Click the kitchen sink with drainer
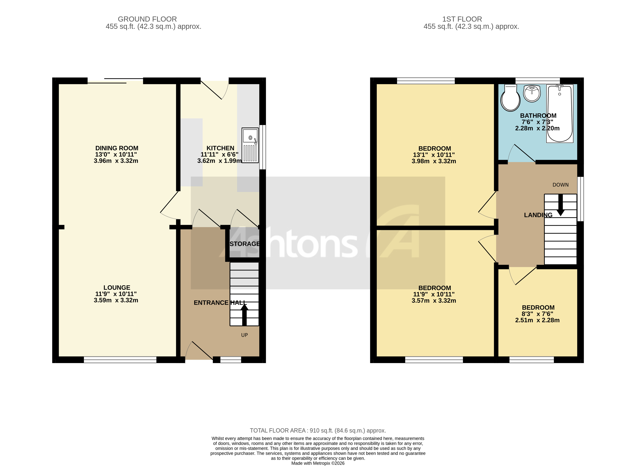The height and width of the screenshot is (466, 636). [x=250, y=145]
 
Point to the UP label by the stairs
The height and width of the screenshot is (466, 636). [x=244, y=335]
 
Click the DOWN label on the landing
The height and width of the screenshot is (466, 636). [x=560, y=185]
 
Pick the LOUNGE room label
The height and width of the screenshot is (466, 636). [x=117, y=287]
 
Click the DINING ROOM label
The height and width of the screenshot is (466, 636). [x=117, y=148]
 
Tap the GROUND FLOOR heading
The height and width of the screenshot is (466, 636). [x=147, y=19]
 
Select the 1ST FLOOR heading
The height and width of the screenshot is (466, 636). [x=462, y=19]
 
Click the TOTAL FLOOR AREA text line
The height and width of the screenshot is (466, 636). [x=318, y=430]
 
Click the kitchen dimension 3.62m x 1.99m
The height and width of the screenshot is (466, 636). [x=219, y=161]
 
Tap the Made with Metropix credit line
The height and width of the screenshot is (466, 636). [x=318, y=463]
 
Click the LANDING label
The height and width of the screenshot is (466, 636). [x=538, y=215]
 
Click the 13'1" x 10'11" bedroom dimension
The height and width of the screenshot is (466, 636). [x=434, y=155]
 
